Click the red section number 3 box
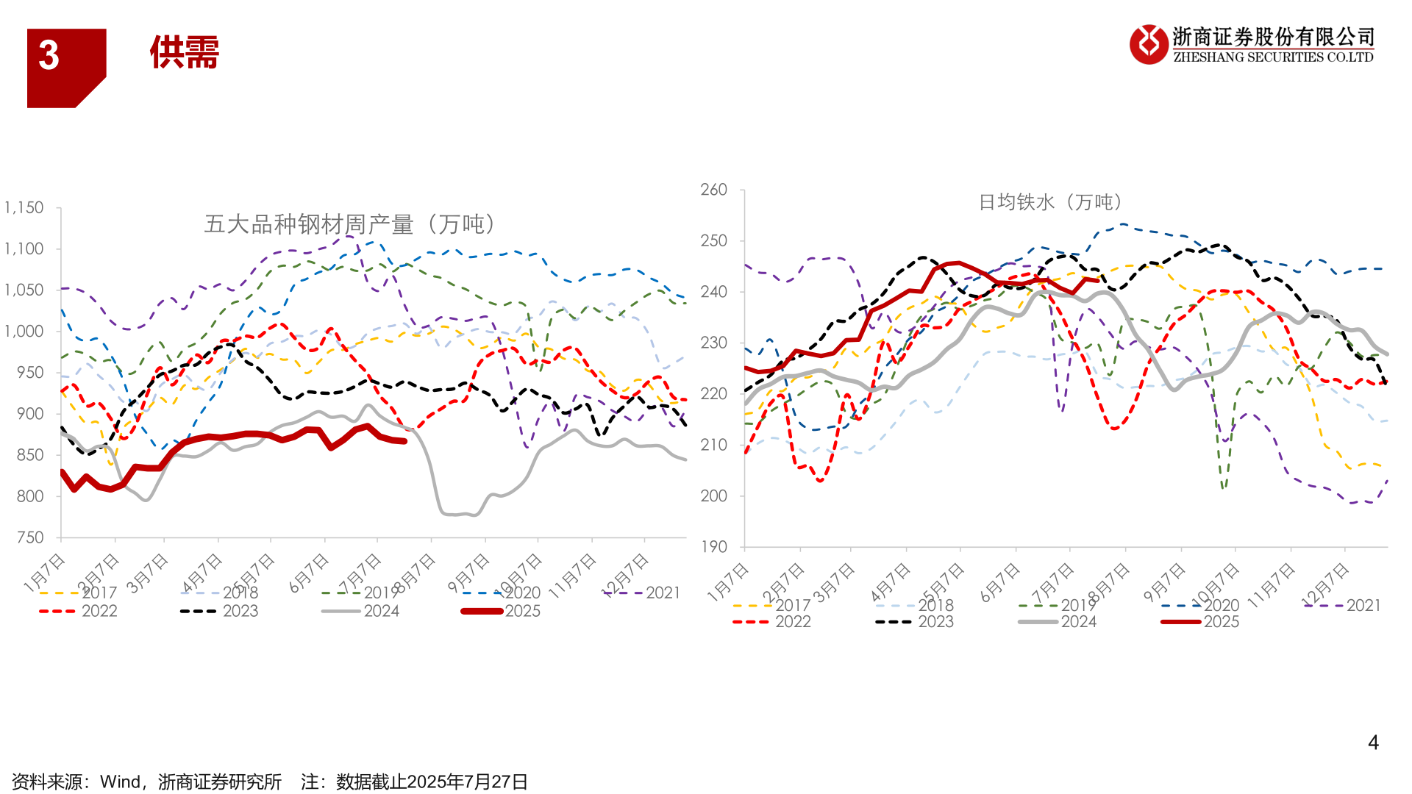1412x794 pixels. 65,67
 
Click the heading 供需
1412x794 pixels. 185,53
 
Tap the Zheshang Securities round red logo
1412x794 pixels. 1148,44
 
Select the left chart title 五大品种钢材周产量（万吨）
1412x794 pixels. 351,224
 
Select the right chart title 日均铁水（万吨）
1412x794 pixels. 1051,202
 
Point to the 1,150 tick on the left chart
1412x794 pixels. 24,208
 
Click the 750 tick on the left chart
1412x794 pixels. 30,537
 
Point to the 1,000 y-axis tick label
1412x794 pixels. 24,332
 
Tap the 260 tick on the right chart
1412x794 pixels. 713,190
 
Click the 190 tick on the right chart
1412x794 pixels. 713,546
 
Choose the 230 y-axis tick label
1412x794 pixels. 713,343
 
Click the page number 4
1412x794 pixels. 1372,743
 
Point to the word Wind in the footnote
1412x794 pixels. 120,782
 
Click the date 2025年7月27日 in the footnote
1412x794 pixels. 468,782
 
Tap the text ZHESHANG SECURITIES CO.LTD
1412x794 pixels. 1273,57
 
